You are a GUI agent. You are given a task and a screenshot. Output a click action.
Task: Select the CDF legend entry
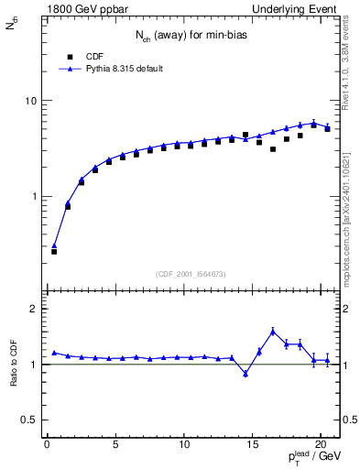94,55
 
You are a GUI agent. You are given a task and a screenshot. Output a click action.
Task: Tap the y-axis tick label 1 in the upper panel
33,197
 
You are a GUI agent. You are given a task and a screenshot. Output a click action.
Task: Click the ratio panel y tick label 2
33,309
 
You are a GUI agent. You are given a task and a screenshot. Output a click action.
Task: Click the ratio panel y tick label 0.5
29,420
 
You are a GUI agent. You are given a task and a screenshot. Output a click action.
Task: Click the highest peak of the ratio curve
273,332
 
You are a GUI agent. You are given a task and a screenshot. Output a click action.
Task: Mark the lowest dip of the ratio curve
245,373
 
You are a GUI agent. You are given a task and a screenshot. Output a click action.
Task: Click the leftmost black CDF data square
54,251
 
